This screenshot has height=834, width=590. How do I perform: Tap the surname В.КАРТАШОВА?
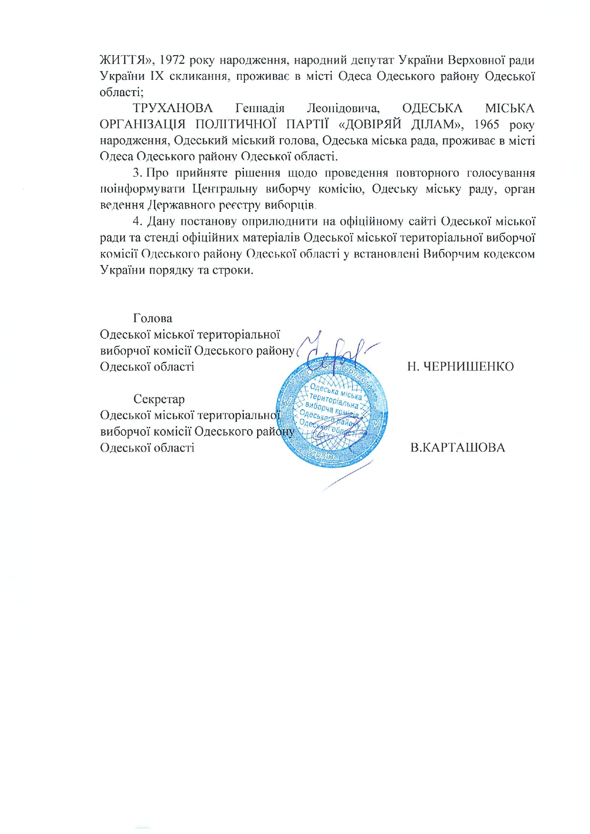[x=457, y=448]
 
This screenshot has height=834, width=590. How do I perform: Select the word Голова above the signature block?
[x=153, y=318]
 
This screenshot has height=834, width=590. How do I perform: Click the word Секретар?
[x=159, y=399]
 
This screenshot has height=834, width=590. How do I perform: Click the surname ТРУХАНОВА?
[x=173, y=109]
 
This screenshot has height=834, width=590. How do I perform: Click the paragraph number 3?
[x=136, y=173]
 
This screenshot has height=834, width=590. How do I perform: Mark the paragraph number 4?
[x=137, y=221]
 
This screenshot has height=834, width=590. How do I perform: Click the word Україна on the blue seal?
[x=323, y=455]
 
